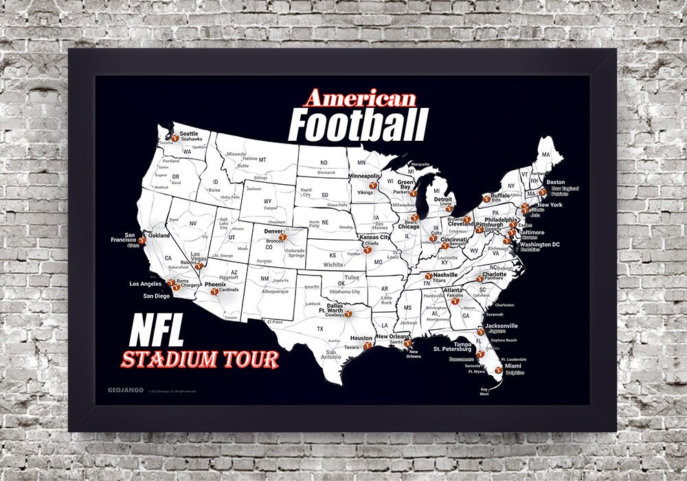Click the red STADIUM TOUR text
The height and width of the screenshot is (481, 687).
click(x=200, y=359)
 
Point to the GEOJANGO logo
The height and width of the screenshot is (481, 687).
click(x=125, y=390)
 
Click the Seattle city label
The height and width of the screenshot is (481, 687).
click(x=188, y=133)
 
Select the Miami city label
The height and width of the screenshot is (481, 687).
click(x=513, y=366)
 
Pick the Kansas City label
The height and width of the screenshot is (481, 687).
click(x=375, y=237)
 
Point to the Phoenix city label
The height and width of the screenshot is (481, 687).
click(x=216, y=284)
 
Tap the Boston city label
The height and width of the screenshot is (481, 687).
click(x=555, y=182)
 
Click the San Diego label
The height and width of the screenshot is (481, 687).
click(x=156, y=296)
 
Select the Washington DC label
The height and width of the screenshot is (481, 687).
click(x=539, y=245)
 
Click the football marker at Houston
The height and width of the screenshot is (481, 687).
click(x=368, y=345)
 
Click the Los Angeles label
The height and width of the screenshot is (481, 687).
click(x=145, y=283)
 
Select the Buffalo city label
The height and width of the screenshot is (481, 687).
click(x=502, y=195)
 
